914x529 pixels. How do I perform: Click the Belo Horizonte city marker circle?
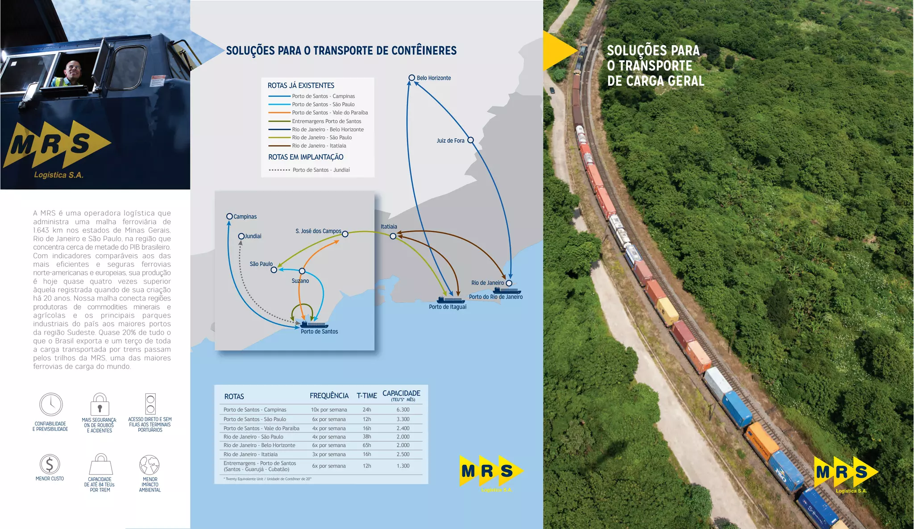click(x=412, y=78)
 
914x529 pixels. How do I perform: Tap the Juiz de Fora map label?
click(x=450, y=141)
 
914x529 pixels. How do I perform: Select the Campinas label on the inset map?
click(x=245, y=217)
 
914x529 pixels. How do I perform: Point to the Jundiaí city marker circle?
click(x=241, y=236)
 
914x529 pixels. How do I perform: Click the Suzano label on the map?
click(x=300, y=281)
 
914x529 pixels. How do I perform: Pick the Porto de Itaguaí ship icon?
click(x=450, y=300)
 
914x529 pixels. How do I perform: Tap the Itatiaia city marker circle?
click(x=393, y=236)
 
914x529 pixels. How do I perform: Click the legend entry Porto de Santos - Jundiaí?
click(x=321, y=170)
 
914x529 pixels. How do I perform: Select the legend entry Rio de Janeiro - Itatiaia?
click(x=319, y=146)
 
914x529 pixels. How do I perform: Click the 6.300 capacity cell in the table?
click(x=403, y=409)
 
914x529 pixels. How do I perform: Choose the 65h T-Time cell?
click(x=367, y=445)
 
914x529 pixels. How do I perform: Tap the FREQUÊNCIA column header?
click(x=329, y=396)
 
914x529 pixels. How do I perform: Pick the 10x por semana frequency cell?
click(x=329, y=409)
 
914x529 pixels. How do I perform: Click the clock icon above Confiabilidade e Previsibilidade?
click(x=51, y=405)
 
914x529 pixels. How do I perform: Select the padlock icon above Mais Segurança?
click(x=100, y=405)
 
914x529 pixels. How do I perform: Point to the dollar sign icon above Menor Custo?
click(x=50, y=464)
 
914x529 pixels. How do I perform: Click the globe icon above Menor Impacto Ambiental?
click(x=150, y=465)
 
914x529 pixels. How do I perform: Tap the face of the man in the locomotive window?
click(x=73, y=69)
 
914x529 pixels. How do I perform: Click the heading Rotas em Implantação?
click(x=306, y=157)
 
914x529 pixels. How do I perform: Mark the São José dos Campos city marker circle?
click(x=345, y=234)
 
